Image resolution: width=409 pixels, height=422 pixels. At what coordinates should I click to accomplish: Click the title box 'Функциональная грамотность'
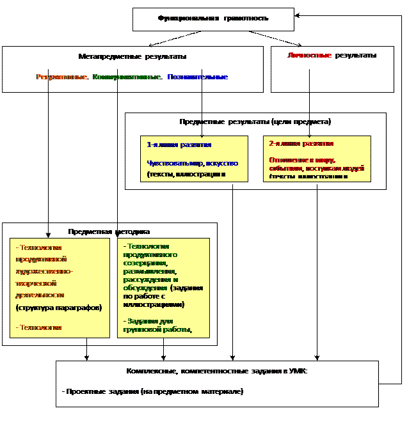[213, 19]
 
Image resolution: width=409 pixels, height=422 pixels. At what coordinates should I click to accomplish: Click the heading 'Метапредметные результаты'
[132, 56]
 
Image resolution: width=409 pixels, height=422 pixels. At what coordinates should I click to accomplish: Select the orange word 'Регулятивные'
[61, 77]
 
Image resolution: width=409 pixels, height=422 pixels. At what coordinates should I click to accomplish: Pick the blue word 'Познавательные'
[197, 77]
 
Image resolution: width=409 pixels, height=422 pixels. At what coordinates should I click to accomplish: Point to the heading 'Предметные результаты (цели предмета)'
[255, 121]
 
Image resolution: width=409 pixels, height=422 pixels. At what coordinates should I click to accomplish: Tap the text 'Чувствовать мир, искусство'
[192, 163]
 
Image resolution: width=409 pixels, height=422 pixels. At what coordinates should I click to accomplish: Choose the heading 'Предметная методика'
[109, 231]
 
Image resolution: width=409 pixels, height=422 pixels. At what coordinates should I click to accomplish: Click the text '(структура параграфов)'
[58, 308]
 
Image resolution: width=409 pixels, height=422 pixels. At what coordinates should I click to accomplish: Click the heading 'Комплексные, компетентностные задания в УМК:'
[216, 371]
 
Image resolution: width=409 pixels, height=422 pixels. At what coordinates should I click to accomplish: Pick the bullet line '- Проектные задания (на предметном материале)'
[152, 391]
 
